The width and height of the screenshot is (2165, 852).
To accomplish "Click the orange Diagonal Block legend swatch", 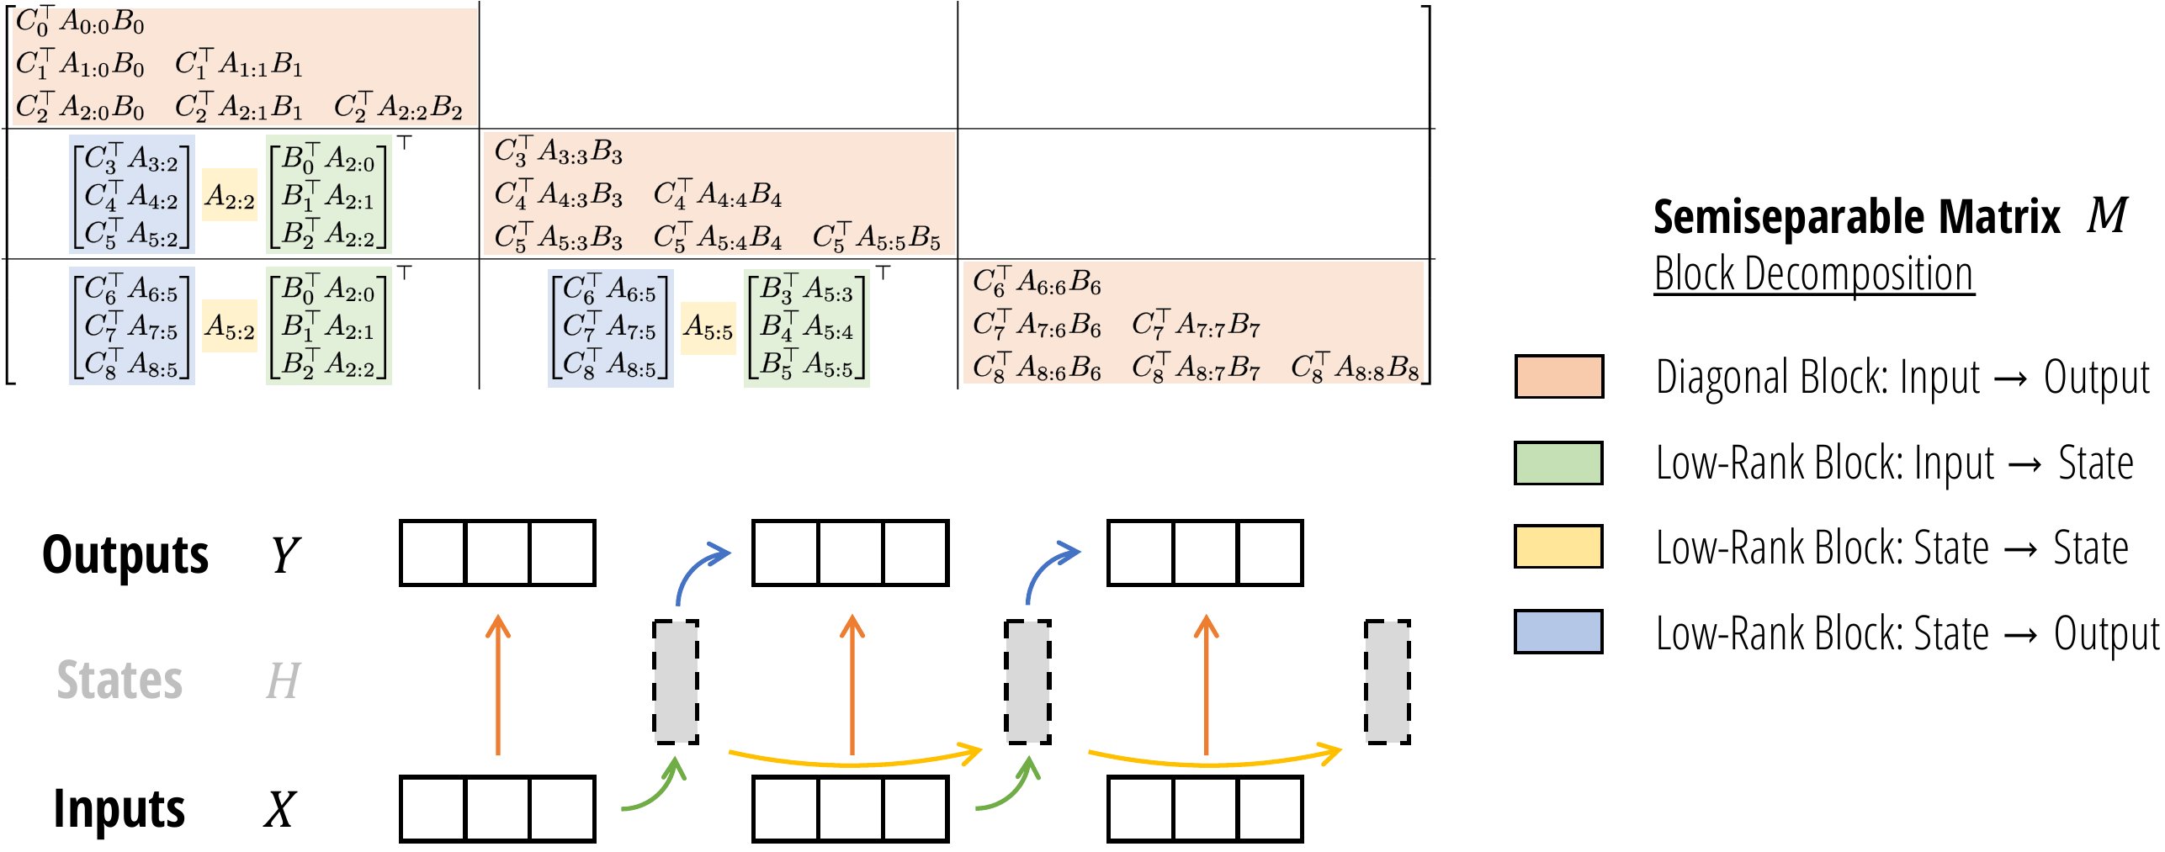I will coord(1558,376).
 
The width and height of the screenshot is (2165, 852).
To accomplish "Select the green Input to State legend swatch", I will coord(1558,463).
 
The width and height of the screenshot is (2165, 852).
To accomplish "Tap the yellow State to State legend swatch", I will coord(1558,547).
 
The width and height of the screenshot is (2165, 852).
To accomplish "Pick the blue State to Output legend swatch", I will coord(1558,632).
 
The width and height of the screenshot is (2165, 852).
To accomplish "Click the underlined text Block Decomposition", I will coord(1813,274).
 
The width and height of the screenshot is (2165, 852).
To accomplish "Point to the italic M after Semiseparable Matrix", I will coord(2107,215).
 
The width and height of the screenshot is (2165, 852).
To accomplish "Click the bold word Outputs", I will coord(125,554).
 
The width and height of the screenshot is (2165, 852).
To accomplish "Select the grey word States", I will coord(119,680).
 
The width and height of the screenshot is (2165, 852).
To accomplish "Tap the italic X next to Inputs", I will coord(279,809).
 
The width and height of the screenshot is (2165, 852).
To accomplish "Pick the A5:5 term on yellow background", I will coord(708,327).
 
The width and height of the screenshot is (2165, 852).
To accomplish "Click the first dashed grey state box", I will coord(676,681).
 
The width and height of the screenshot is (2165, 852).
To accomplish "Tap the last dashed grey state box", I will coord(1387,681).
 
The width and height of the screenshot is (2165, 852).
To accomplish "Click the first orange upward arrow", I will coord(498,685).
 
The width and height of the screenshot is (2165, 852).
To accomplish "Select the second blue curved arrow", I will coord(1048,572).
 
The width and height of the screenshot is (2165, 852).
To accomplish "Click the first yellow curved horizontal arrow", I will coord(854,759).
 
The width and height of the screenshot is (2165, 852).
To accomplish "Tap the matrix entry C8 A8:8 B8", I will coord(1355,368).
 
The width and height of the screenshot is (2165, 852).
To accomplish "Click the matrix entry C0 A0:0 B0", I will coord(80,23).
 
